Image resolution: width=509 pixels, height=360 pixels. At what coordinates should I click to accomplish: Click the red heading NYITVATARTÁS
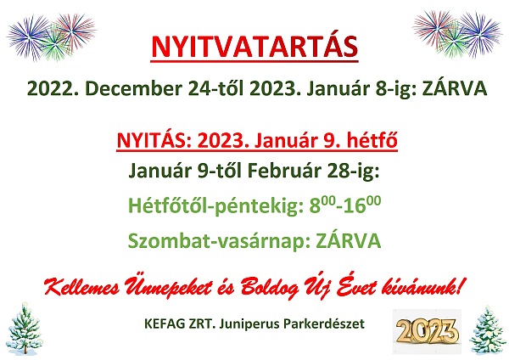click(255, 46)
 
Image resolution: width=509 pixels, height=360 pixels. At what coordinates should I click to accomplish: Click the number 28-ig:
click(353, 172)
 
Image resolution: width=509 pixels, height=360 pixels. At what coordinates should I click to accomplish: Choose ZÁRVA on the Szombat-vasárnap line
click(349, 240)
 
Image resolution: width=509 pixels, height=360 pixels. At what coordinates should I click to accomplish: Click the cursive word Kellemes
click(81, 287)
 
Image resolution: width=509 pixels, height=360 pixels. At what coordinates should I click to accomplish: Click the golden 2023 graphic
click(428, 332)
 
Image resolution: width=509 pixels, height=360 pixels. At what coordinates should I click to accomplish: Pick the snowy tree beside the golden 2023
click(488, 329)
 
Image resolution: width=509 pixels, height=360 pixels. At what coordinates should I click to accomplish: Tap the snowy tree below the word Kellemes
click(24, 328)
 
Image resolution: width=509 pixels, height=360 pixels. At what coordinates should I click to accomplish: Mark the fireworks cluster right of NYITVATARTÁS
click(456, 33)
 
